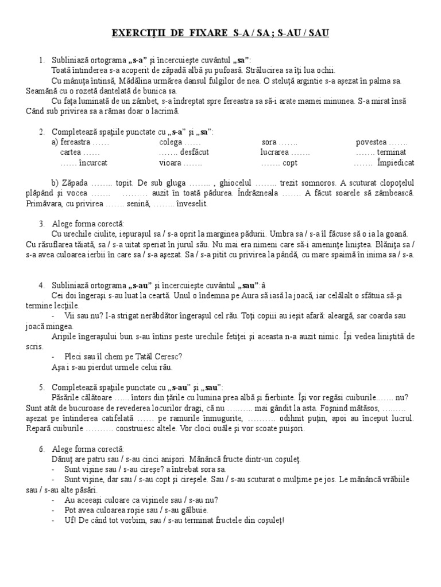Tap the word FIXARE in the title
click(x=214, y=34)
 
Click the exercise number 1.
click(x=41, y=60)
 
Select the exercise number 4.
click(x=41, y=285)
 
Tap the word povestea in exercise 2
click(x=372, y=142)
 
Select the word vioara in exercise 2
click(x=171, y=162)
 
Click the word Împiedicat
click(x=396, y=162)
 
